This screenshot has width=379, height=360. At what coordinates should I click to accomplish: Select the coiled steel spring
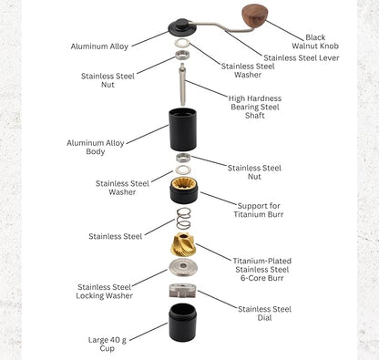(x=183, y=219)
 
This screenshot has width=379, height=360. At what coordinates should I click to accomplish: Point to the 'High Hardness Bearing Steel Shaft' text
(x=257, y=107)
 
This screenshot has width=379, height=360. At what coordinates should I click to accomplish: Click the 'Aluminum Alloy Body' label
(x=95, y=147)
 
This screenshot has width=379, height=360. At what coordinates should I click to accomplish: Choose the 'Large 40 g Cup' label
(x=108, y=343)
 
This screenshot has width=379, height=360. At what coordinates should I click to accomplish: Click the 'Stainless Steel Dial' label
(x=264, y=314)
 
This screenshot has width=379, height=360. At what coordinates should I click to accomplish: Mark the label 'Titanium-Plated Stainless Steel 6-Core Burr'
(x=261, y=269)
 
